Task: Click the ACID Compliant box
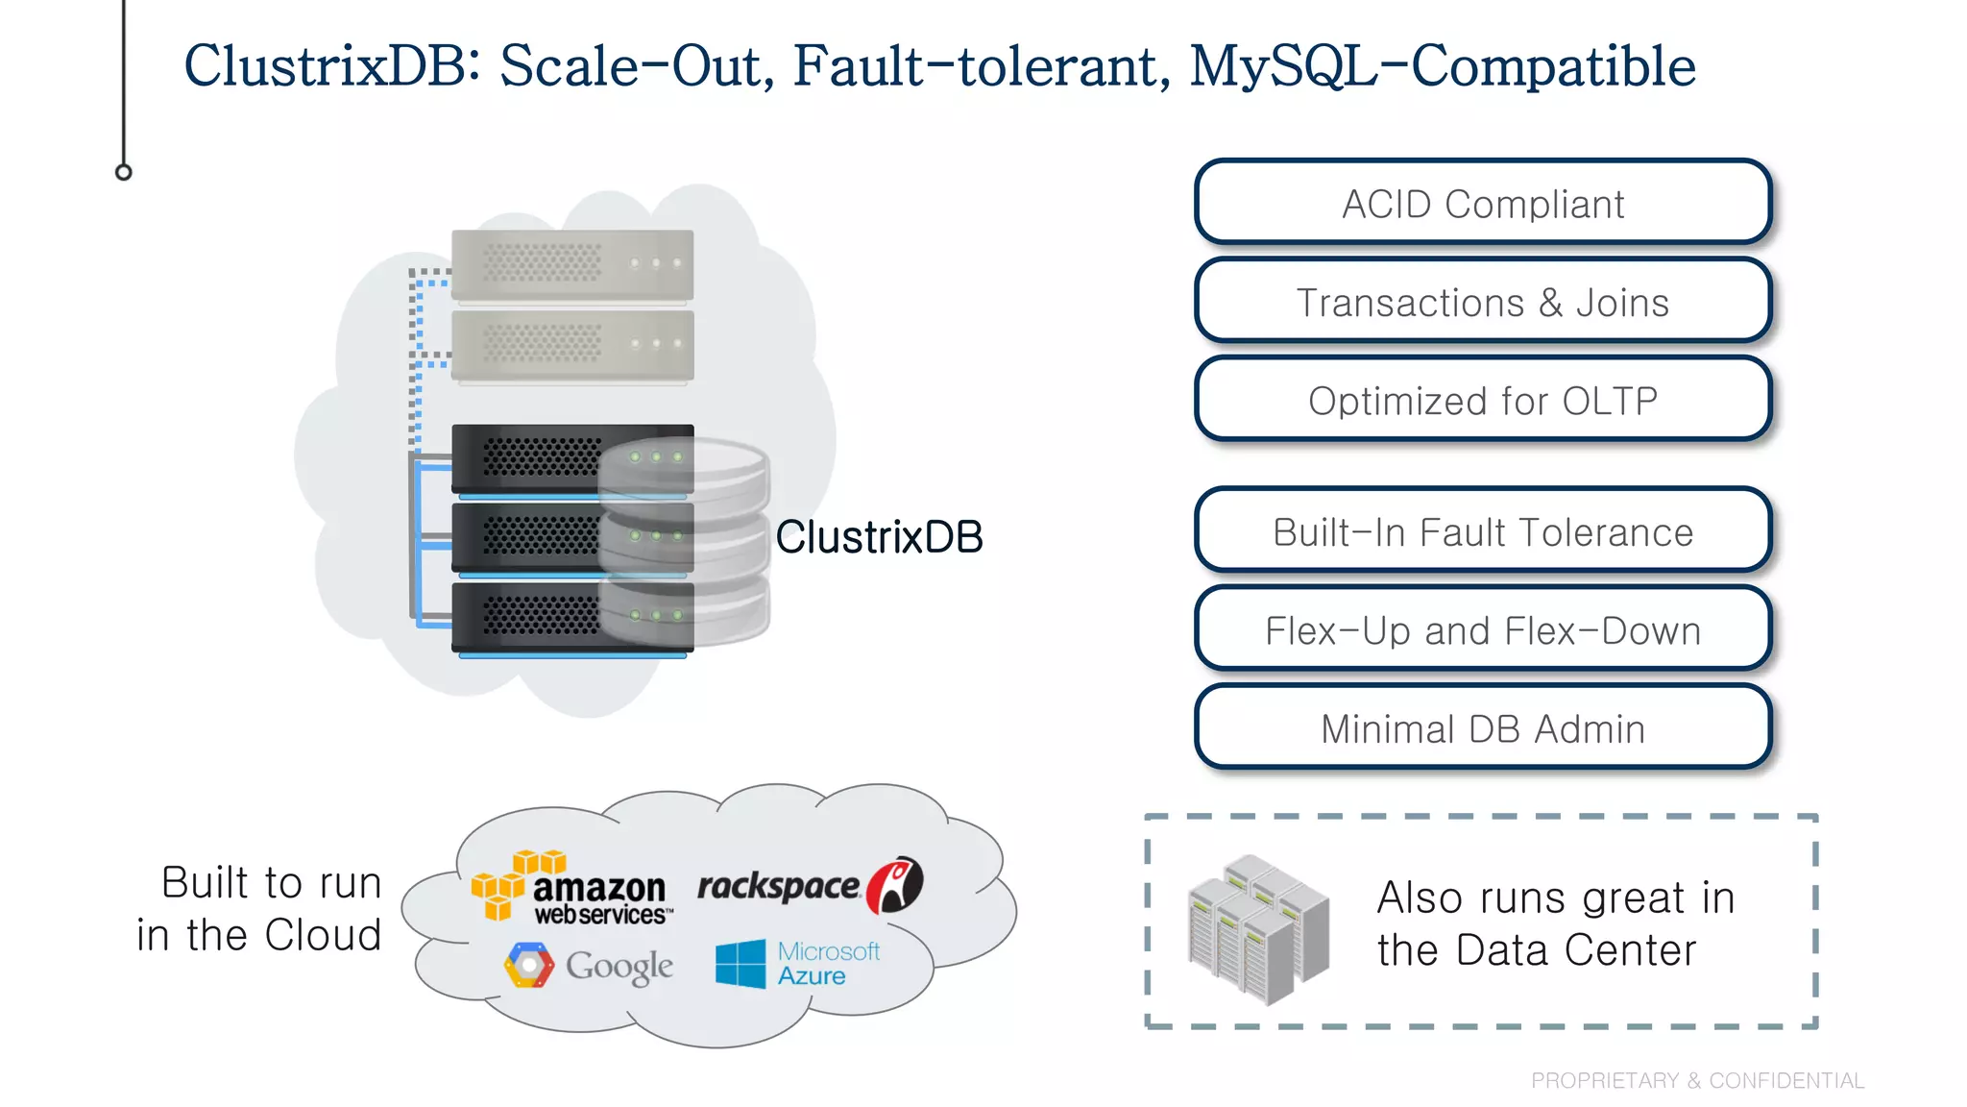coord(1482,203)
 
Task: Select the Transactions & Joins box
coord(1482,302)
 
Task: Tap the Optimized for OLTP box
coord(1482,400)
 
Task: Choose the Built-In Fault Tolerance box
coord(1482,531)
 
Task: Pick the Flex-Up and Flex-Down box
coord(1482,630)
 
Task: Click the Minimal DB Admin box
coord(1482,728)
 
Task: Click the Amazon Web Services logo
coord(573,888)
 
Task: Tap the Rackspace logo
coord(809,885)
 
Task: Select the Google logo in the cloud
coord(589,966)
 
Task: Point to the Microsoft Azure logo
coord(797,963)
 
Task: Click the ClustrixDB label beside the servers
coord(879,536)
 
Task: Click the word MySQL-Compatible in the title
coord(1442,65)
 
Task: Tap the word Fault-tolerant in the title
coord(981,65)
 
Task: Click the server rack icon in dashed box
coord(1257,929)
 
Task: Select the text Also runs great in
coord(1555,898)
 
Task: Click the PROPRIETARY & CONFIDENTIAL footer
coord(1697,1080)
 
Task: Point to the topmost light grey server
coord(572,264)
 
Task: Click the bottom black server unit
coord(538,617)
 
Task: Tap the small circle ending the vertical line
coord(123,172)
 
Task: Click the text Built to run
coord(271,882)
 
